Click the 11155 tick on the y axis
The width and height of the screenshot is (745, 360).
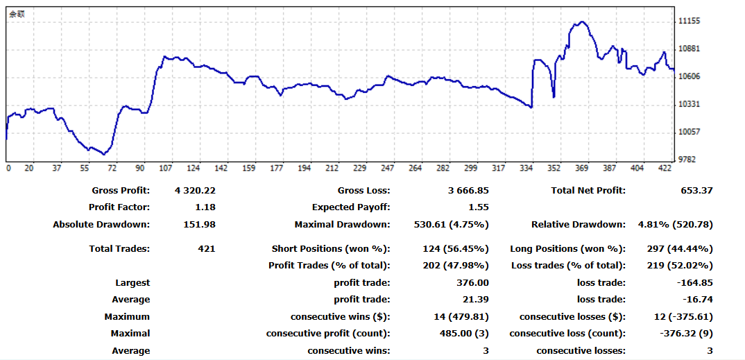(x=690, y=22)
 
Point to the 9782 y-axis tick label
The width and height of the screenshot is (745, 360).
(x=687, y=160)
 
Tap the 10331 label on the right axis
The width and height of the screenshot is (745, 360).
(x=690, y=104)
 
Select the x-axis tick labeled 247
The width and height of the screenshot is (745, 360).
(x=387, y=169)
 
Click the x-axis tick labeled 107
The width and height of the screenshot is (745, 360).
(x=166, y=169)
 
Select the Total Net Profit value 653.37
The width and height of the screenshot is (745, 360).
(x=696, y=191)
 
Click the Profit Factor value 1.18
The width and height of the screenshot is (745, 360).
(x=205, y=207)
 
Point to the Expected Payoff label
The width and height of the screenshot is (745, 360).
(x=350, y=207)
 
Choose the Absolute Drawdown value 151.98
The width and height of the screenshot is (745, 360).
(x=201, y=225)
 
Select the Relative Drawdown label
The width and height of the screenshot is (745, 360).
(x=578, y=225)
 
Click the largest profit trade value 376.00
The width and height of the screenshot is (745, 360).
(x=473, y=283)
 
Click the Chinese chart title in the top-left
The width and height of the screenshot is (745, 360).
(x=17, y=13)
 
